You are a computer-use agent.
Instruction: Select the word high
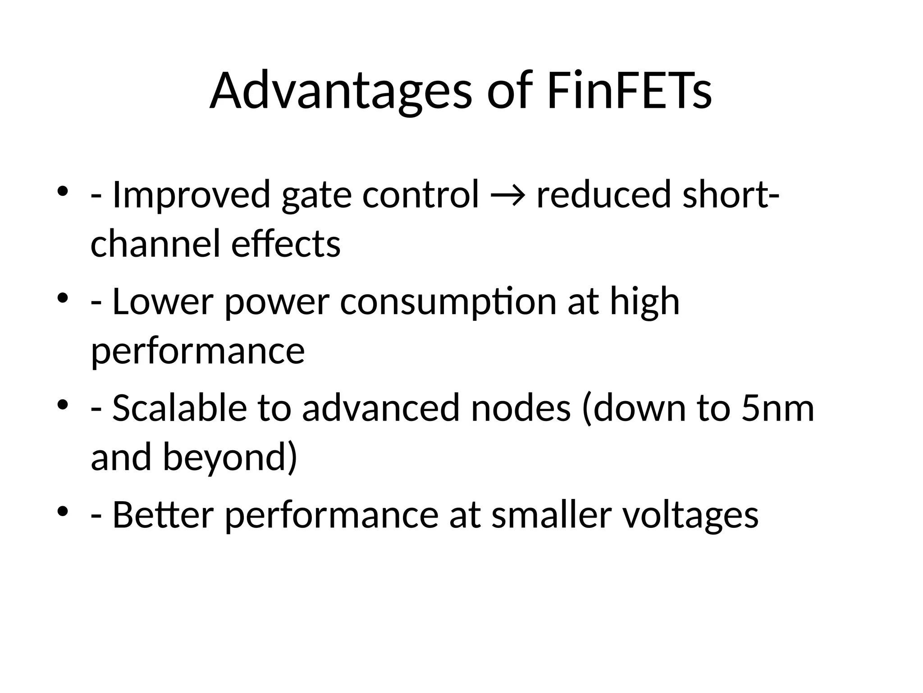click(x=644, y=301)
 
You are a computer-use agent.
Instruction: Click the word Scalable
click(x=179, y=408)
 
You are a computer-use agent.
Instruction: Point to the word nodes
click(x=521, y=408)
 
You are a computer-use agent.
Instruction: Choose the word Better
click(x=162, y=515)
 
